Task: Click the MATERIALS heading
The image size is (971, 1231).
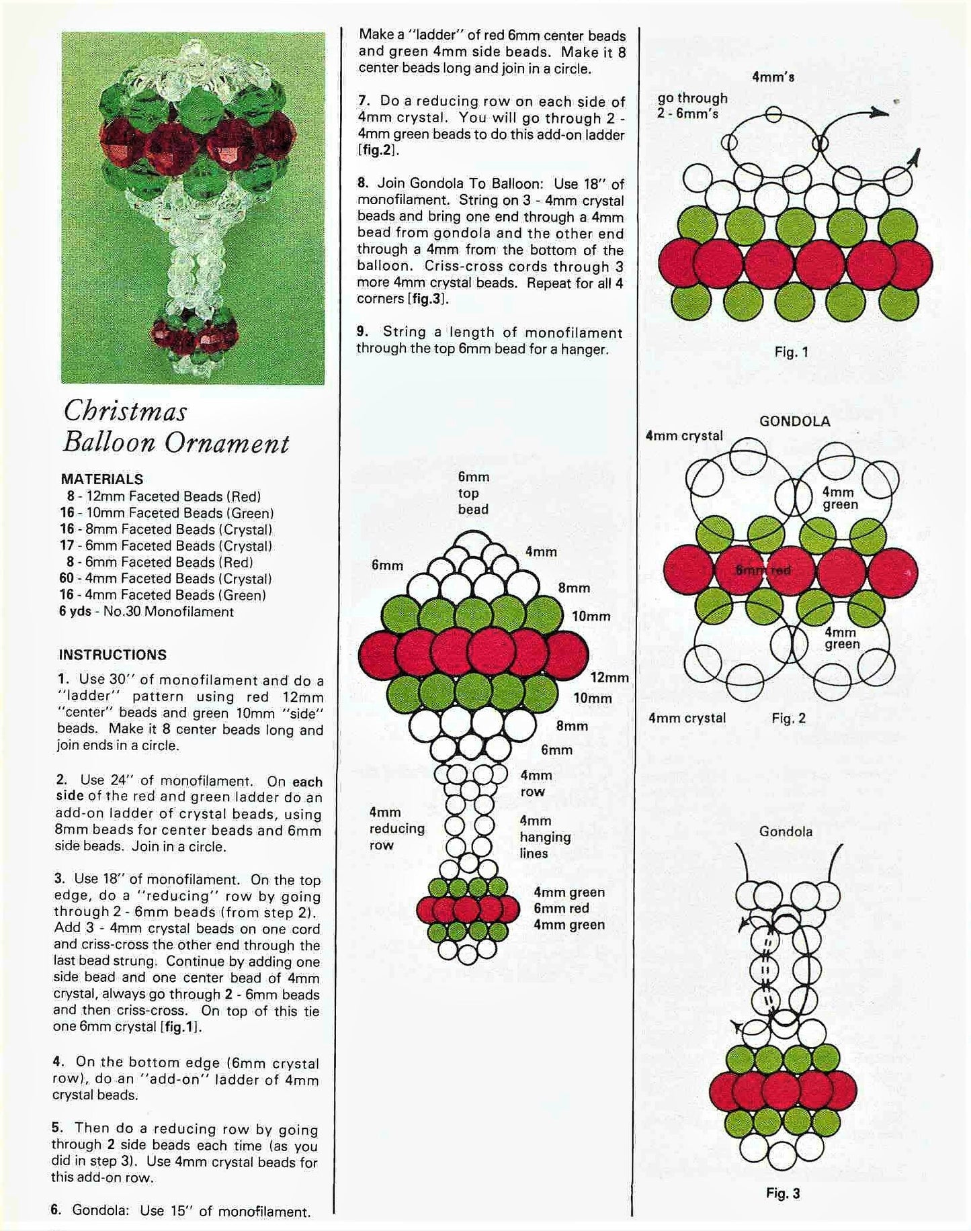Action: pos(102,479)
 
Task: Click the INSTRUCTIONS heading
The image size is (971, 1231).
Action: pos(113,655)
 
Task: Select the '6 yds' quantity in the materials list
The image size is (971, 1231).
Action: pos(79,611)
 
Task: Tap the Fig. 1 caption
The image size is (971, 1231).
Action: pos(791,351)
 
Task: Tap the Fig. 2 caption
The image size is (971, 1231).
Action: pos(788,718)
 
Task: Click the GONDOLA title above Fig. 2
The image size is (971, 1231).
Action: pos(794,421)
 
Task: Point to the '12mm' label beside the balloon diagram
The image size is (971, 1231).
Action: pos(609,678)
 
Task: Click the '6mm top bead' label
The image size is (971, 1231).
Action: pos(473,493)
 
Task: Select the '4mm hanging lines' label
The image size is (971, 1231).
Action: pos(544,837)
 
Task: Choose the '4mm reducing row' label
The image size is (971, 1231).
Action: pos(396,829)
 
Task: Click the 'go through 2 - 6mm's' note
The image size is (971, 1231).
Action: pos(692,106)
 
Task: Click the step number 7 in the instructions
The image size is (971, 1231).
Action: pos(363,101)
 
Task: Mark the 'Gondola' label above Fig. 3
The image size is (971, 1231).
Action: pos(786,831)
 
